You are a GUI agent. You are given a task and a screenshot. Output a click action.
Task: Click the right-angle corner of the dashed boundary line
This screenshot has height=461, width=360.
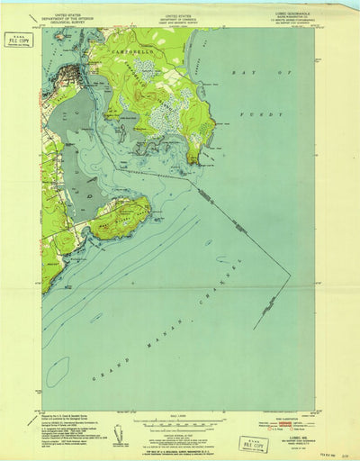tap(290, 276)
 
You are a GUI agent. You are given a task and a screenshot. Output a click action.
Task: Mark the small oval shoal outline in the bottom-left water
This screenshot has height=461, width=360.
tap(57, 370)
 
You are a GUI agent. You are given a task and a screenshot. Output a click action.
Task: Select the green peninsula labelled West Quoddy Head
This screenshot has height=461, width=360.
tap(118, 217)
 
